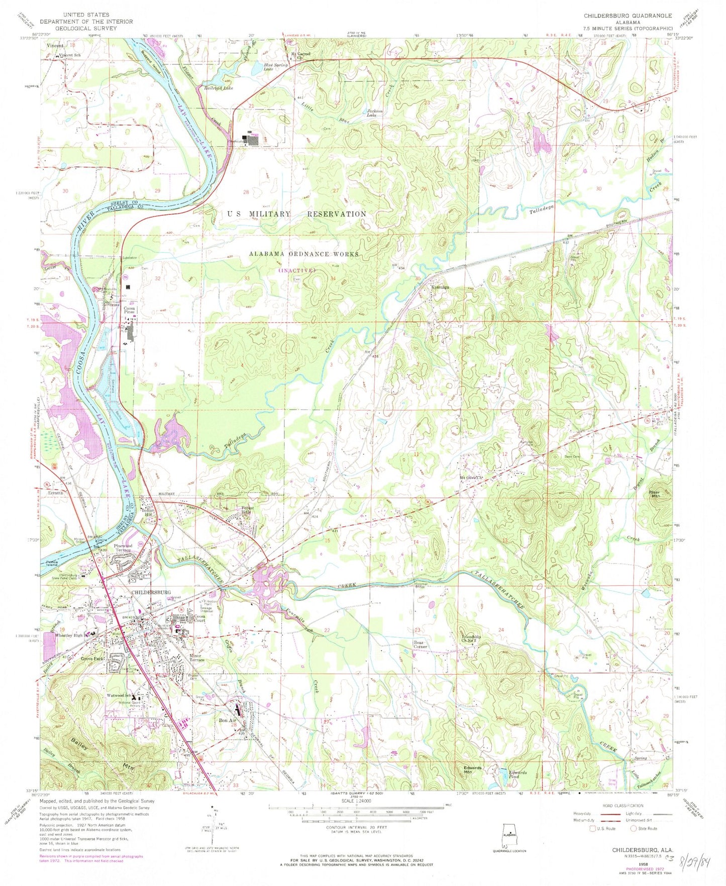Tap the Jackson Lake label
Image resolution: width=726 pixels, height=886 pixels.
click(375, 113)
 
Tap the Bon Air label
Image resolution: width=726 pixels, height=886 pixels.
click(227, 720)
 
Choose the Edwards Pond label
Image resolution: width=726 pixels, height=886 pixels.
click(517, 775)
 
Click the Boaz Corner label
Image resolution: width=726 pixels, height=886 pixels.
click(420, 645)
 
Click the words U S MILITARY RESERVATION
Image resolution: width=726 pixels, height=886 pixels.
click(296, 214)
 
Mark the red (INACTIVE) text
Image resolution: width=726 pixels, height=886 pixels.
click(297, 270)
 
